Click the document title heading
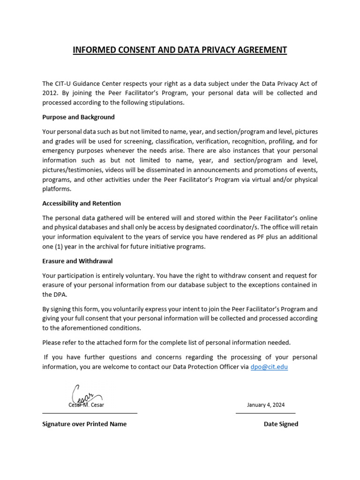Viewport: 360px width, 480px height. [180, 50]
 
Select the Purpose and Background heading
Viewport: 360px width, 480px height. [78, 117]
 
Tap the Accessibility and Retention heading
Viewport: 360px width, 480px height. [82, 203]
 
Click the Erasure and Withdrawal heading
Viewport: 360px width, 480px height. [77, 261]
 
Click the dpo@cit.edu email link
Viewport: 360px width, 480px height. [269, 367]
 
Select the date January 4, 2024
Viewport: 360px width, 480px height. [266, 405]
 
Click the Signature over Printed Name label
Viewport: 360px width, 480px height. [84, 424]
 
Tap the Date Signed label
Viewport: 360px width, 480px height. [281, 424]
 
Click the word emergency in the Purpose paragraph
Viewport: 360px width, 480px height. [59, 150]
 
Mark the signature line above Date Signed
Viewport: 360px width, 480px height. [265, 413]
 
